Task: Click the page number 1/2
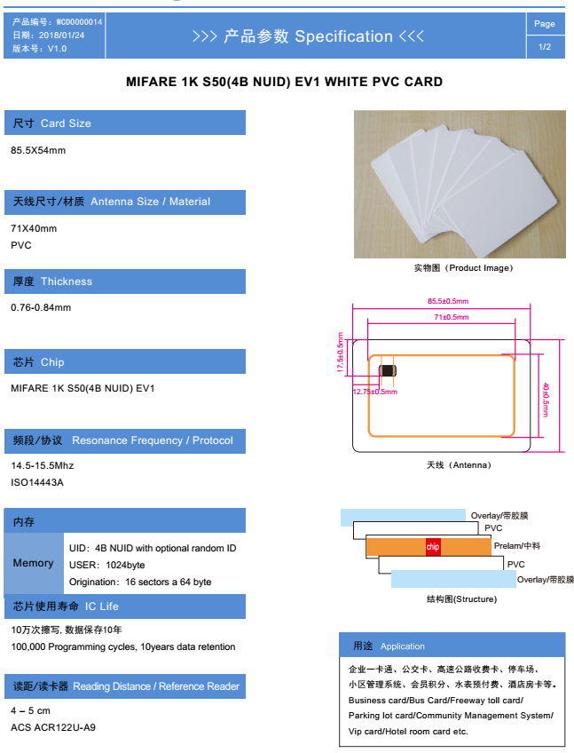click(x=544, y=46)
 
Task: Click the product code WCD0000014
click(x=79, y=22)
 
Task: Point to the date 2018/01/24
click(x=61, y=35)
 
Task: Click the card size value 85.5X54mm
click(x=38, y=150)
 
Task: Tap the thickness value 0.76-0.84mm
click(x=41, y=307)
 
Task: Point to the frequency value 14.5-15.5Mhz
click(x=43, y=465)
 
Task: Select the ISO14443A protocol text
click(x=37, y=482)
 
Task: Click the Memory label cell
click(x=34, y=563)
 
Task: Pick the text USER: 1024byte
click(x=107, y=565)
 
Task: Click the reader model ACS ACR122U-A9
click(x=53, y=727)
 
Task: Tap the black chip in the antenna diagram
click(x=388, y=371)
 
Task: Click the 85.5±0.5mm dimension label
click(x=448, y=301)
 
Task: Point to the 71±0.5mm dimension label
click(x=452, y=317)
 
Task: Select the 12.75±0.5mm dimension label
click(x=374, y=392)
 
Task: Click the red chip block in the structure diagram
click(x=433, y=546)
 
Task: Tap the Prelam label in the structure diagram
click(x=517, y=545)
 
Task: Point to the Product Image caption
click(x=464, y=268)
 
